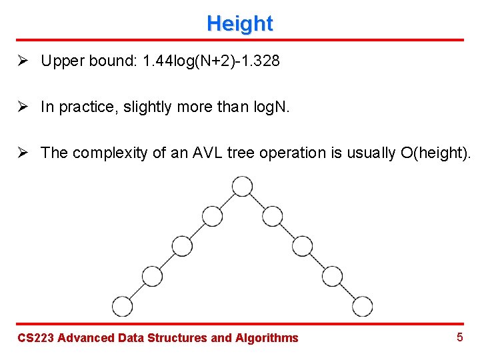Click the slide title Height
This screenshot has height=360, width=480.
click(239, 23)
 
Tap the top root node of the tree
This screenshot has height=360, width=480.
click(242, 186)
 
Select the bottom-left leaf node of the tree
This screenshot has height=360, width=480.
click(123, 306)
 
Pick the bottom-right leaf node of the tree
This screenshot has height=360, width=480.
click(363, 306)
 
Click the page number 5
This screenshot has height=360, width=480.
click(459, 337)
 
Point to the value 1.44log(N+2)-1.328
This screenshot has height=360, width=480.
click(207, 61)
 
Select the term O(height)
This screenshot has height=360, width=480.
click(436, 153)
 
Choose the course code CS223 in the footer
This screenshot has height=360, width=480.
click(35, 338)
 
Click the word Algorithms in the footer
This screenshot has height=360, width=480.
click(267, 338)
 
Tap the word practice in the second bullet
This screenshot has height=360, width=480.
click(83, 107)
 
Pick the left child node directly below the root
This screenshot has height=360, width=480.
click(212, 216)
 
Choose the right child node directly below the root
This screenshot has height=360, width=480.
click(272, 216)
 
